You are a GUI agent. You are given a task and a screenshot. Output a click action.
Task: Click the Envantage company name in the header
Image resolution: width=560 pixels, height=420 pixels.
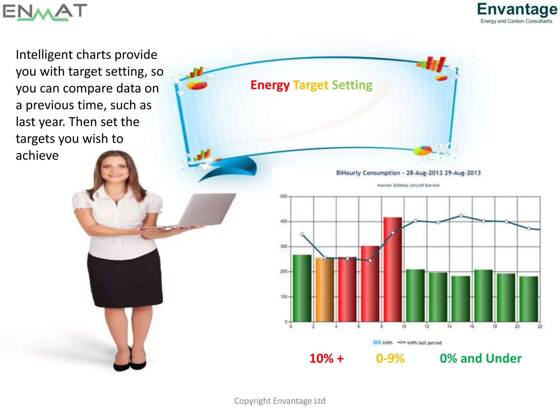(x=517, y=9)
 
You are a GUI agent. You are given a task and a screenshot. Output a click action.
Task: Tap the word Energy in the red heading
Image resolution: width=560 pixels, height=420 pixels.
(x=270, y=85)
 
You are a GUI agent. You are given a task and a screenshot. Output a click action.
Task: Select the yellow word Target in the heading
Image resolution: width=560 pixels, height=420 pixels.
(x=311, y=85)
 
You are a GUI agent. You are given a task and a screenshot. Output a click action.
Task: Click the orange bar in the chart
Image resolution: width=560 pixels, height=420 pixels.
(x=325, y=290)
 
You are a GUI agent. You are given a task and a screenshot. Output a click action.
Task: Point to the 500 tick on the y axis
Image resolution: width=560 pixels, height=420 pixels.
(x=284, y=196)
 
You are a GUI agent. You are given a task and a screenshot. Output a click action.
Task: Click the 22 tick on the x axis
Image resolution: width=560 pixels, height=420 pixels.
(x=540, y=326)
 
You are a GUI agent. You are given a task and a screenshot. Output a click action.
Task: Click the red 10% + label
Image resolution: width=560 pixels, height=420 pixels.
(x=326, y=358)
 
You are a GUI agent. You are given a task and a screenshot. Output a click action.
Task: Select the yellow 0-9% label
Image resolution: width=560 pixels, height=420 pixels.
(x=390, y=358)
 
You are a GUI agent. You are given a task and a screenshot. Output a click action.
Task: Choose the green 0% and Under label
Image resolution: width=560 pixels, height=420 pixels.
(x=480, y=358)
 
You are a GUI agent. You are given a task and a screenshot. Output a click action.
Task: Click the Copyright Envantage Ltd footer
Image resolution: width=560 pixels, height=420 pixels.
(x=280, y=401)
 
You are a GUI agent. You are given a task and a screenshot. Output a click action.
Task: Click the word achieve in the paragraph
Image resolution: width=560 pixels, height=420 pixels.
(x=37, y=156)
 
